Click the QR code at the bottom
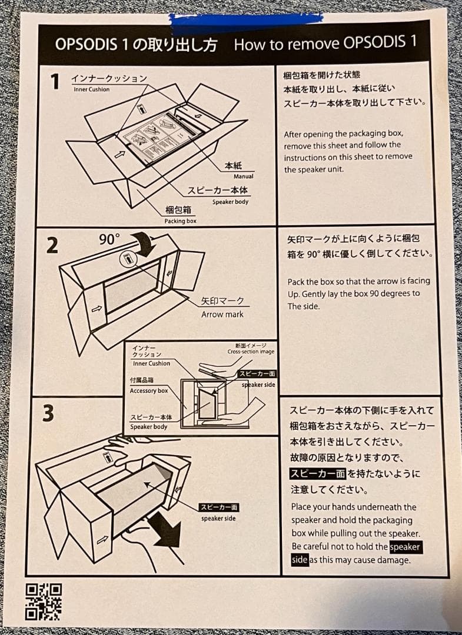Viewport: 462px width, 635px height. point(43,601)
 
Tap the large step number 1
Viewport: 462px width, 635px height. point(54,82)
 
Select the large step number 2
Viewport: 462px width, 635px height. point(52,245)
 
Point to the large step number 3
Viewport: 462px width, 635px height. point(49,414)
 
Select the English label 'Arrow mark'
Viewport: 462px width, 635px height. point(222,314)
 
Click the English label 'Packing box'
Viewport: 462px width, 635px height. point(180,221)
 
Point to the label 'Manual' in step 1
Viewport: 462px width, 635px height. point(243,176)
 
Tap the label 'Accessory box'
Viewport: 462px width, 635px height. point(149,390)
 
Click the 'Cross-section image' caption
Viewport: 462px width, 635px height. point(251,352)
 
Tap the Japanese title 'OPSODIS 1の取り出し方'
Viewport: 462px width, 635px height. point(138,45)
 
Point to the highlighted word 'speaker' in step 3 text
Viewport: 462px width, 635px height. point(406,547)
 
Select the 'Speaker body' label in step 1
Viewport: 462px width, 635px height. point(230,202)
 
